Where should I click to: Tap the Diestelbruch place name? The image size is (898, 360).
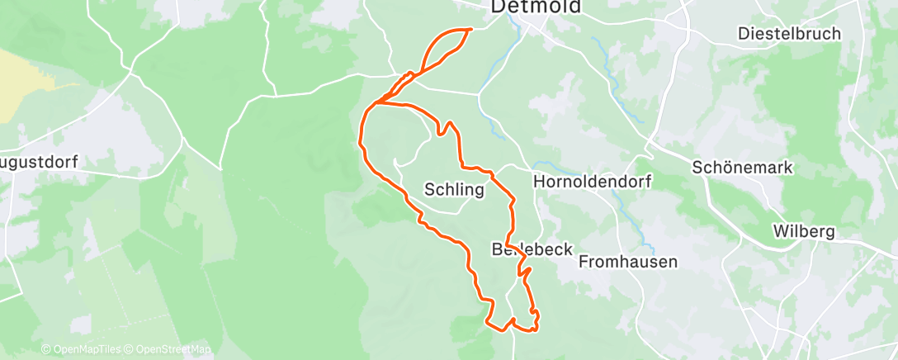tap(789, 34)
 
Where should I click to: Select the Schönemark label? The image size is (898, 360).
tap(742, 167)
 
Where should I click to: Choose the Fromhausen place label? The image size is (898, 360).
tap(628, 262)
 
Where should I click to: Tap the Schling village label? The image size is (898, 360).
tap(453, 189)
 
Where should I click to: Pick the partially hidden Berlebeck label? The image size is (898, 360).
tap(532, 249)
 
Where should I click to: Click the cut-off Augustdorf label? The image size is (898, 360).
tap(38, 162)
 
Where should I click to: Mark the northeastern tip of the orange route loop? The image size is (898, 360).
tap(470, 30)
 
